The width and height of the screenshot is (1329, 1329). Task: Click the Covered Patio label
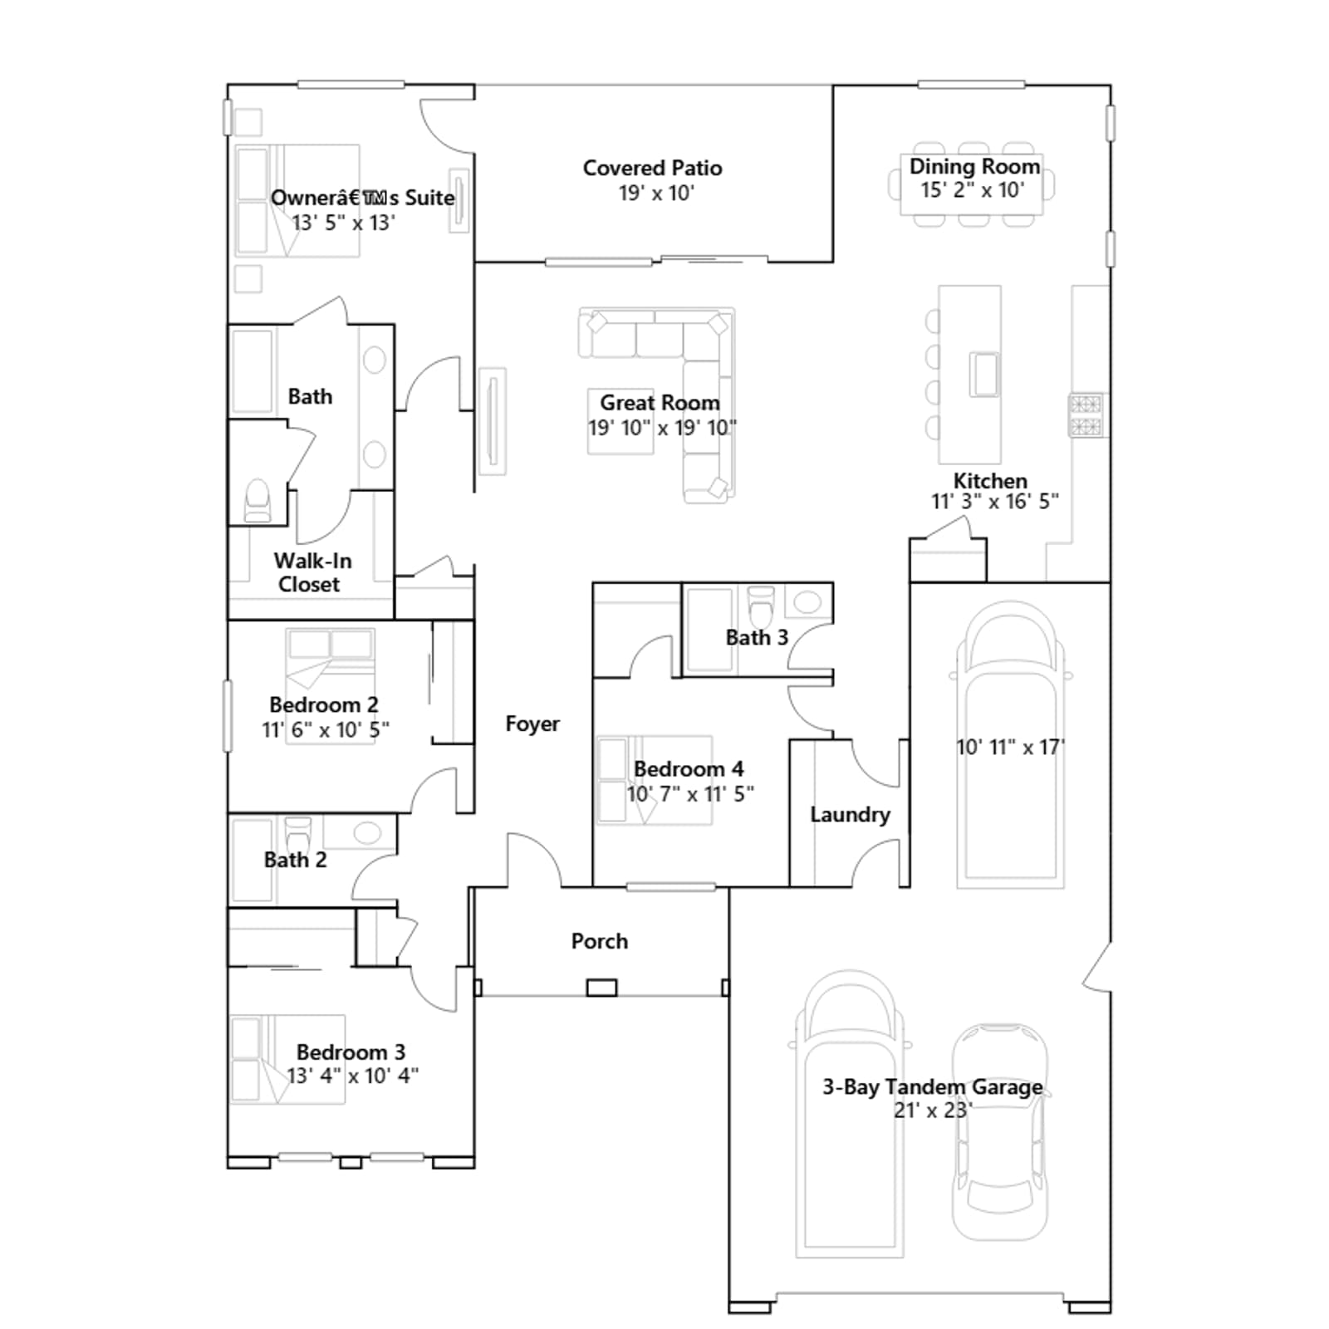click(x=652, y=168)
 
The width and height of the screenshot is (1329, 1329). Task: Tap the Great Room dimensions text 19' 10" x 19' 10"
click(x=662, y=428)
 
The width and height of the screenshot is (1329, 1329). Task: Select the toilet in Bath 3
click(x=761, y=606)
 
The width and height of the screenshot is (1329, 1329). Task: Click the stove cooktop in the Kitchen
click(x=1086, y=415)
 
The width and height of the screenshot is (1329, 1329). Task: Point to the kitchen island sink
click(x=985, y=375)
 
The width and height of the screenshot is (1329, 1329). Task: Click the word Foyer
click(x=532, y=724)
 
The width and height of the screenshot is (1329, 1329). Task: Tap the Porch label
click(x=600, y=941)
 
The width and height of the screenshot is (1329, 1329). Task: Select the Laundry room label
click(x=850, y=815)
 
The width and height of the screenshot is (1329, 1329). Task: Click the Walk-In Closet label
click(x=312, y=572)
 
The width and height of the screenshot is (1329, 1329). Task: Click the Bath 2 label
click(x=295, y=860)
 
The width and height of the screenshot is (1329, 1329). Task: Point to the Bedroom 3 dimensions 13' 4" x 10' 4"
click(x=352, y=1076)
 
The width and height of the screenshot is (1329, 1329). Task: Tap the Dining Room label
click(x=974, y=166)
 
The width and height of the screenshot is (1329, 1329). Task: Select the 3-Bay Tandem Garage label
click(x=932, y=1086)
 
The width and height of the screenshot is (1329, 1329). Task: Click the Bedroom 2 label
click(x=324, y=704)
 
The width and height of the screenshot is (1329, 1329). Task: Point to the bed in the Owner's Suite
click(x=297, y=200)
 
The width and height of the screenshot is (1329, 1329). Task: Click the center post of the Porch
click(x=601, y=988)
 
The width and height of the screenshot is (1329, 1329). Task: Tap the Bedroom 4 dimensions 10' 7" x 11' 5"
click(x=690, y=794)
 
